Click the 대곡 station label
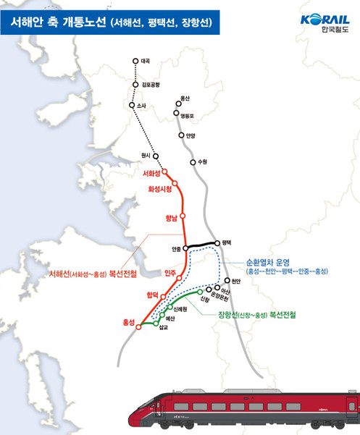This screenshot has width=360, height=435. (x=146, y=62)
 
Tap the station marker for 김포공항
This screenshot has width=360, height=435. (x=135, y=85)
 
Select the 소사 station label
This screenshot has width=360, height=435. (x=142, y=106)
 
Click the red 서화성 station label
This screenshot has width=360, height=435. (x=151, y=174)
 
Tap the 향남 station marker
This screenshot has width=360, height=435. (x=183, y=216)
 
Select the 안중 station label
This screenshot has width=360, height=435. (x=176, y=250)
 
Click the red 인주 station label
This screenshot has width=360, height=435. (x=170, y=273)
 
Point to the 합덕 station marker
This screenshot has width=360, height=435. (x=164, y=297)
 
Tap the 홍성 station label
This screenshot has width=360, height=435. (x=127, y=324)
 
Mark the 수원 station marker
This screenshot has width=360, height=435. (x=193, y=162)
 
